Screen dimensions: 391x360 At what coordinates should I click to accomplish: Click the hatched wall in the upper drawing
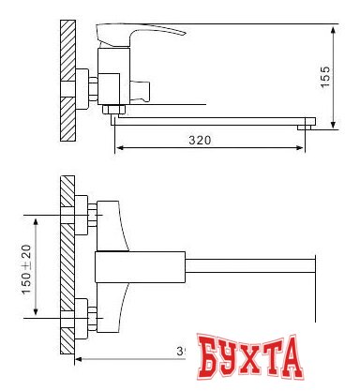click(67, 81)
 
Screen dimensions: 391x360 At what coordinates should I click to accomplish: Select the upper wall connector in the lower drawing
click(82, 215)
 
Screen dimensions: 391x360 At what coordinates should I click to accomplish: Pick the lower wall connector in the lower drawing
click(82, 314)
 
